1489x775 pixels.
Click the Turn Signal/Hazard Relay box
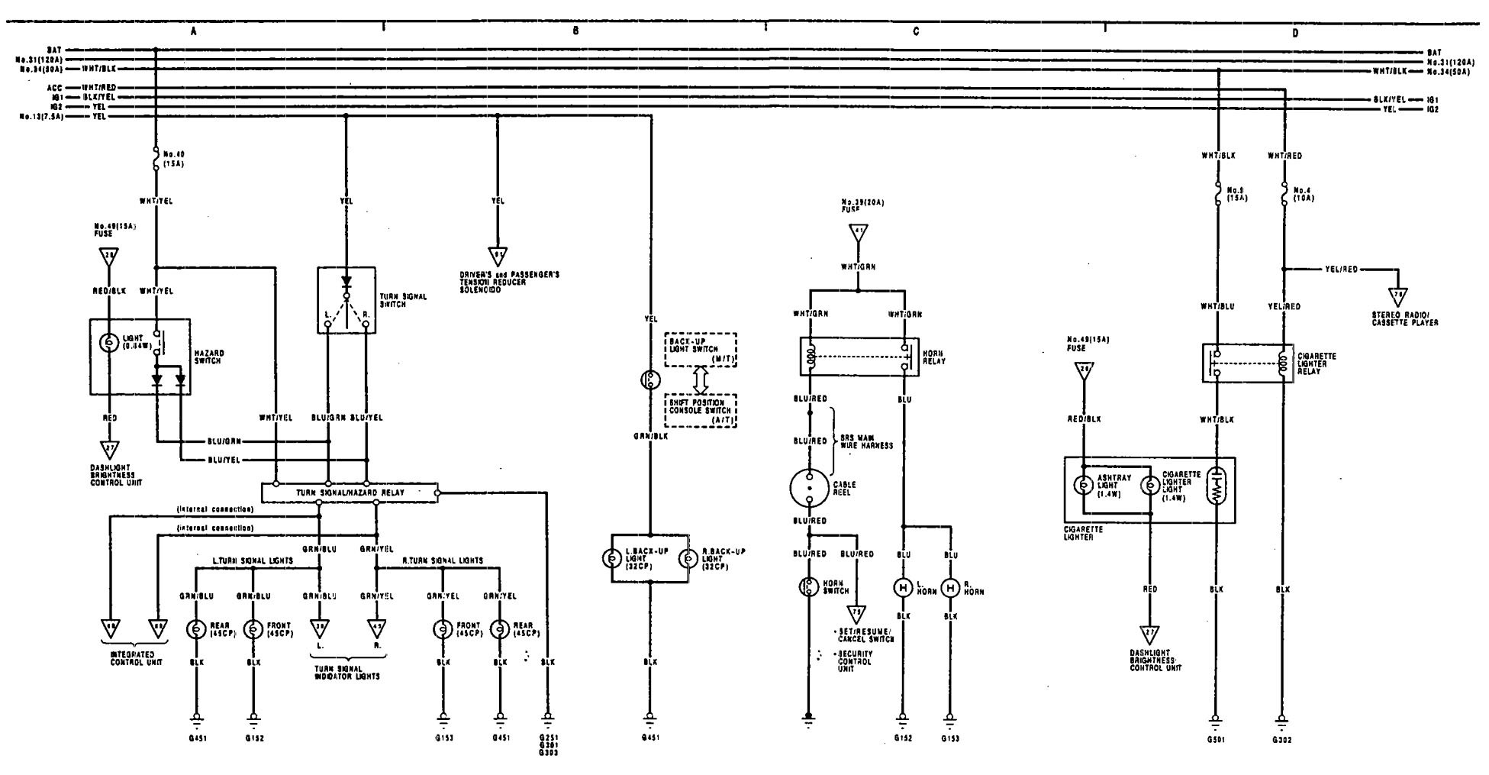pyautogui.click(x=350, y=492)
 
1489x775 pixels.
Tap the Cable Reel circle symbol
pyautogui.click(x=809, y=487)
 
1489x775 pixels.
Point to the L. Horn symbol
pyautogui.click(x=903, y=588)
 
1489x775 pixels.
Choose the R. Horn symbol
pyautogui.click(x=950, y=588)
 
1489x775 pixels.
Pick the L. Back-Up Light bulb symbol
pyautogui.click(x=612, y=558)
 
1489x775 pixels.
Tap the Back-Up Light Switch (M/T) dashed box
pyautogui.click(x=700, y=350)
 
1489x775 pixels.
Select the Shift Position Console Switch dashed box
pyautogui.click(x=700, y=411)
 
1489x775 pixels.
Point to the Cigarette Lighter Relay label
pyautogui.click(x=1314, y=360)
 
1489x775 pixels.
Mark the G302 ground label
pyautogui.click(x=1281, y=739)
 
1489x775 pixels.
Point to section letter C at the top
pyautogui.click(x=916, y=32)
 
